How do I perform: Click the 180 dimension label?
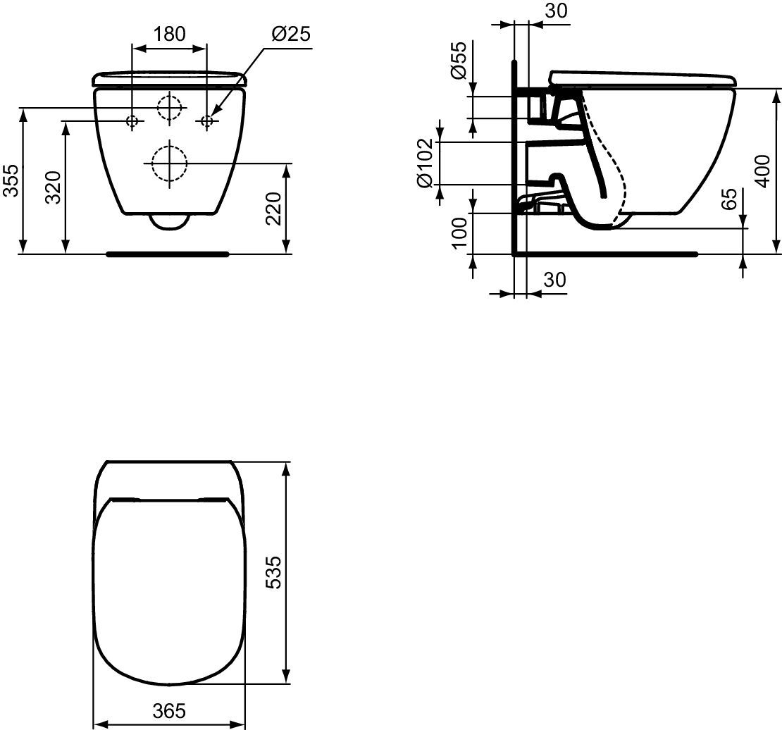point(168,34)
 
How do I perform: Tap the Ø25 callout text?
point(291,34)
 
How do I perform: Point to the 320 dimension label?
point(53,187)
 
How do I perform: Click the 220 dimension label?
point(274,208)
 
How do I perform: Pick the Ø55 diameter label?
point(457,60)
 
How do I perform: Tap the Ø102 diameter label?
point(424,163)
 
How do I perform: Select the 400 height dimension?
point(762,171)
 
